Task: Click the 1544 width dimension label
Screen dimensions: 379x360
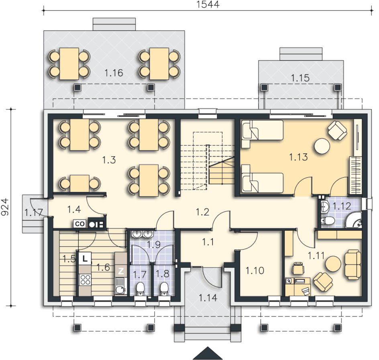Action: (x=208, y=4)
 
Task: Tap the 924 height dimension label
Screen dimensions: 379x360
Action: (x=5, y=207)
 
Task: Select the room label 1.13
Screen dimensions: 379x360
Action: (x=299, y=157)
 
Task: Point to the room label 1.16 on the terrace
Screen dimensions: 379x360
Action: (x=114, y=73)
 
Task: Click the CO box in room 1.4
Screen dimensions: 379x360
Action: (x=79, y=224)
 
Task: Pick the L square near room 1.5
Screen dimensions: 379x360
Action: (x=85, y=259)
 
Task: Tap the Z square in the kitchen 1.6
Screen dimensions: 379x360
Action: (x=120, y=271)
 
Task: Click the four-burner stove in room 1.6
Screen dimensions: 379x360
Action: (x=85, y=280)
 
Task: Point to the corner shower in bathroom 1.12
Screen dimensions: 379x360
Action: (x=354, y=220)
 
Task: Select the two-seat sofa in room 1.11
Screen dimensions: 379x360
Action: (x=353, y=265)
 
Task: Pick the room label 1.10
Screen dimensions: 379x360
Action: (x=255, y=271)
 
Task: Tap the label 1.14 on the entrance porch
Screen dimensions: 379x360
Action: (x=208, y=298)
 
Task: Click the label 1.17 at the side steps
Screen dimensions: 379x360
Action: (x=34, y=213)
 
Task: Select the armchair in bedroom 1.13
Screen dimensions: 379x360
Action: (x=337, y=131)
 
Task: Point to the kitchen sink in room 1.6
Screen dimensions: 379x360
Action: (x=120, y=286)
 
